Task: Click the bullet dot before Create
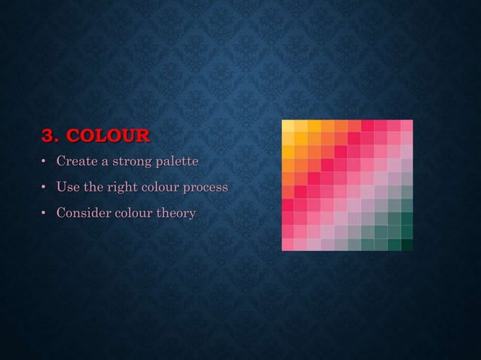pyautogui.click(x=44, y=163)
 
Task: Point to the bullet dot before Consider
pyautogui.click(x=44, y=214)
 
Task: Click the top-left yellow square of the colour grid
pyautogui.click(x=288, y=126)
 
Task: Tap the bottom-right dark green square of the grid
pyautogui.click(x=406, y=244)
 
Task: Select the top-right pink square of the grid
pyautogui.click(x=406, y=126)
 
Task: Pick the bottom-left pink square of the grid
pyautogui.click(x=288, y=244)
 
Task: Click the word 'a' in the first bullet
pyautogui.click(x=102, y=163)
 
